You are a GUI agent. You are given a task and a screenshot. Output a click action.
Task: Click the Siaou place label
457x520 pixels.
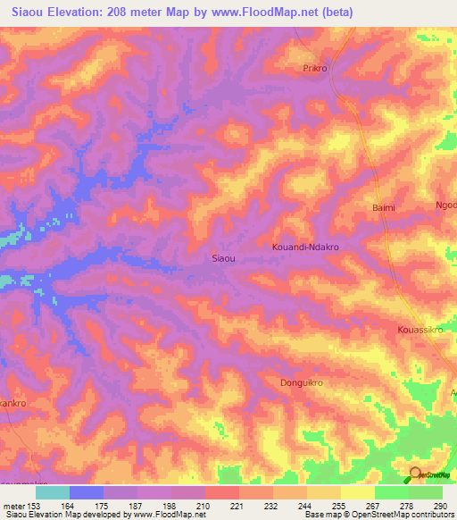pos(223,258)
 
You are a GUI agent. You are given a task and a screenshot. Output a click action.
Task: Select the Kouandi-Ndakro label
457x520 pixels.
pos(306,245)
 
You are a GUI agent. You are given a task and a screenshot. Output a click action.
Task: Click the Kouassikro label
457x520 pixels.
pos(420,330)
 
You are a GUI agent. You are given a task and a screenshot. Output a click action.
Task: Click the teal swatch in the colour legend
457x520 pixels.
pos(53,492)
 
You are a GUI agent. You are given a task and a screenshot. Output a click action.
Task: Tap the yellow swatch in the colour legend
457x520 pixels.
pos(357,492)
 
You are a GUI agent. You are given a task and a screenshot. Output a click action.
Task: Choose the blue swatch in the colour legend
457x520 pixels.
pos(87,492)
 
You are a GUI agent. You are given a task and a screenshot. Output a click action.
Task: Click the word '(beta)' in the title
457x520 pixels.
pos(338,13)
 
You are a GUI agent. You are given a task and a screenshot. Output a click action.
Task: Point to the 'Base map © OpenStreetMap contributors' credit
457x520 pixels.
pos(378,515)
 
